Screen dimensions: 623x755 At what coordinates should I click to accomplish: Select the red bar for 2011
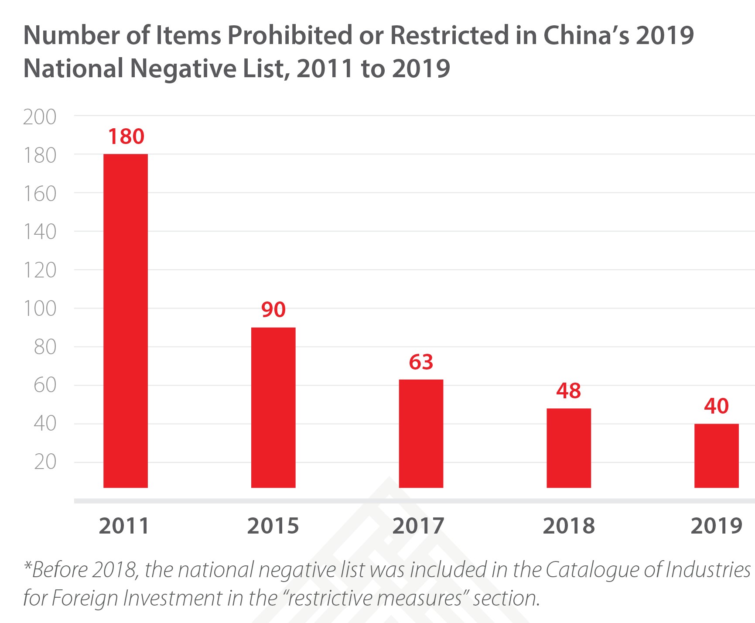[x=126, y=321]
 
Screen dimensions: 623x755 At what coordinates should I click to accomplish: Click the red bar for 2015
[x=273, y=407]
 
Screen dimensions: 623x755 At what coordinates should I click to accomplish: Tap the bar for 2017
[x=421, y=433]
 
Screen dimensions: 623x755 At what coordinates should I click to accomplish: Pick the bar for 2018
[x=569, y=448]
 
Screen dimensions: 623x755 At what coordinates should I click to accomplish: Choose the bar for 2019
[x=716, y=455]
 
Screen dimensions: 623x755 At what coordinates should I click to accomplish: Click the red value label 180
[x=126, y=137]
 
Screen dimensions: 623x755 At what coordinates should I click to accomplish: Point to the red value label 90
[x=273, y=310]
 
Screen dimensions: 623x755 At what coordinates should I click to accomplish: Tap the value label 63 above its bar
[x=421, y=362]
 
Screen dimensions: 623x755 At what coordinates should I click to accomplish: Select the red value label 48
[x=568, y=391]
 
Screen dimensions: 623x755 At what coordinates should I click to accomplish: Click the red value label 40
[x=716, y=406]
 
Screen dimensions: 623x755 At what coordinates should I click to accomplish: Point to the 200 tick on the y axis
[x=40, y=117]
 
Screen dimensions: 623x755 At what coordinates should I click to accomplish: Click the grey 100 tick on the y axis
[x=40, y=309]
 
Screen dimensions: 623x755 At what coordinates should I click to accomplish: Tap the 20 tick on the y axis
[x=45, y=462]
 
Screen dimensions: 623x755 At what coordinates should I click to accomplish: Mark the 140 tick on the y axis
[x=40, y=232]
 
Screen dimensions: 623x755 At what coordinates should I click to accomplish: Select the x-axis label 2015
[x=273, y=526]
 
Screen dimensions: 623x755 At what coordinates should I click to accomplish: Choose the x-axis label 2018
[x=569, y=526]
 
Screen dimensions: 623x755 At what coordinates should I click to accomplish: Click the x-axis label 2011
[x=124, y=526]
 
